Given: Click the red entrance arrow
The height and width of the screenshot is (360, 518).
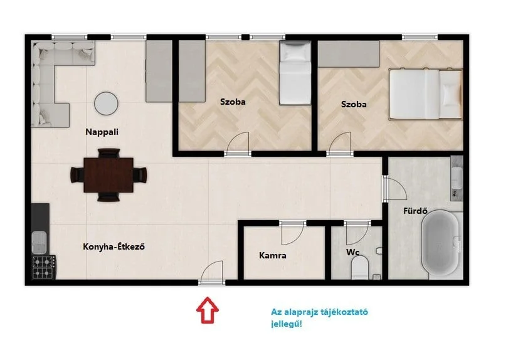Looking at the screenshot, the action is (x=208, y=310).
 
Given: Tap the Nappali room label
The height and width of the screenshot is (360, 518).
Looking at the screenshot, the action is (x=102, y=132).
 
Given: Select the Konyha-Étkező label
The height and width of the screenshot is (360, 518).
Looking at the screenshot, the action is (x=114, y=246).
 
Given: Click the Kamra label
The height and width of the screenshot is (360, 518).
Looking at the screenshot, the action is (x=273, y=255).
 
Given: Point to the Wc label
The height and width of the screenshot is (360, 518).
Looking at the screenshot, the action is (x=352, y=252).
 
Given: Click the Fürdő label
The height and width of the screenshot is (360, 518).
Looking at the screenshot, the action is (x=416, y=210).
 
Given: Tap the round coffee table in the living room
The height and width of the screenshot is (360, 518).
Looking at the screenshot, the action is (x=106, y=103).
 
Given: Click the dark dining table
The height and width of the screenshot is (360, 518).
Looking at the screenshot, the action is (x=108, y=175).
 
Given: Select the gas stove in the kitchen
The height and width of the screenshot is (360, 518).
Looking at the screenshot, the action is (x=44, y=267).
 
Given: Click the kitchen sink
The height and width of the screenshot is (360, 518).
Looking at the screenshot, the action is (x=40, y=241).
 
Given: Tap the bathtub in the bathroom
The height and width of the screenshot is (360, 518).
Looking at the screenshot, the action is (x=440, y=243).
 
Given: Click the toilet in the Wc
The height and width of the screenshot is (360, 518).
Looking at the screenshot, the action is (x=360, y=267).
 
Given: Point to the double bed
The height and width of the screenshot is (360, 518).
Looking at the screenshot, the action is (x=425, y=94).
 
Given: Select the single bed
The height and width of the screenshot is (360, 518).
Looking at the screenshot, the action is (x=295, y=73).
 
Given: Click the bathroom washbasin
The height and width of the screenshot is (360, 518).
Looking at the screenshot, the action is (x=457, y=178).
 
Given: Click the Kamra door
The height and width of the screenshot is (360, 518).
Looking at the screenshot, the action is (x=292, y=233).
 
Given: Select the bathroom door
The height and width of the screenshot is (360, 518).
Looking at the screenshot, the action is (x=394, y=189).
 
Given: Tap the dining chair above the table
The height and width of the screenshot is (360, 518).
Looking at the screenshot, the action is (x=108, y=153).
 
